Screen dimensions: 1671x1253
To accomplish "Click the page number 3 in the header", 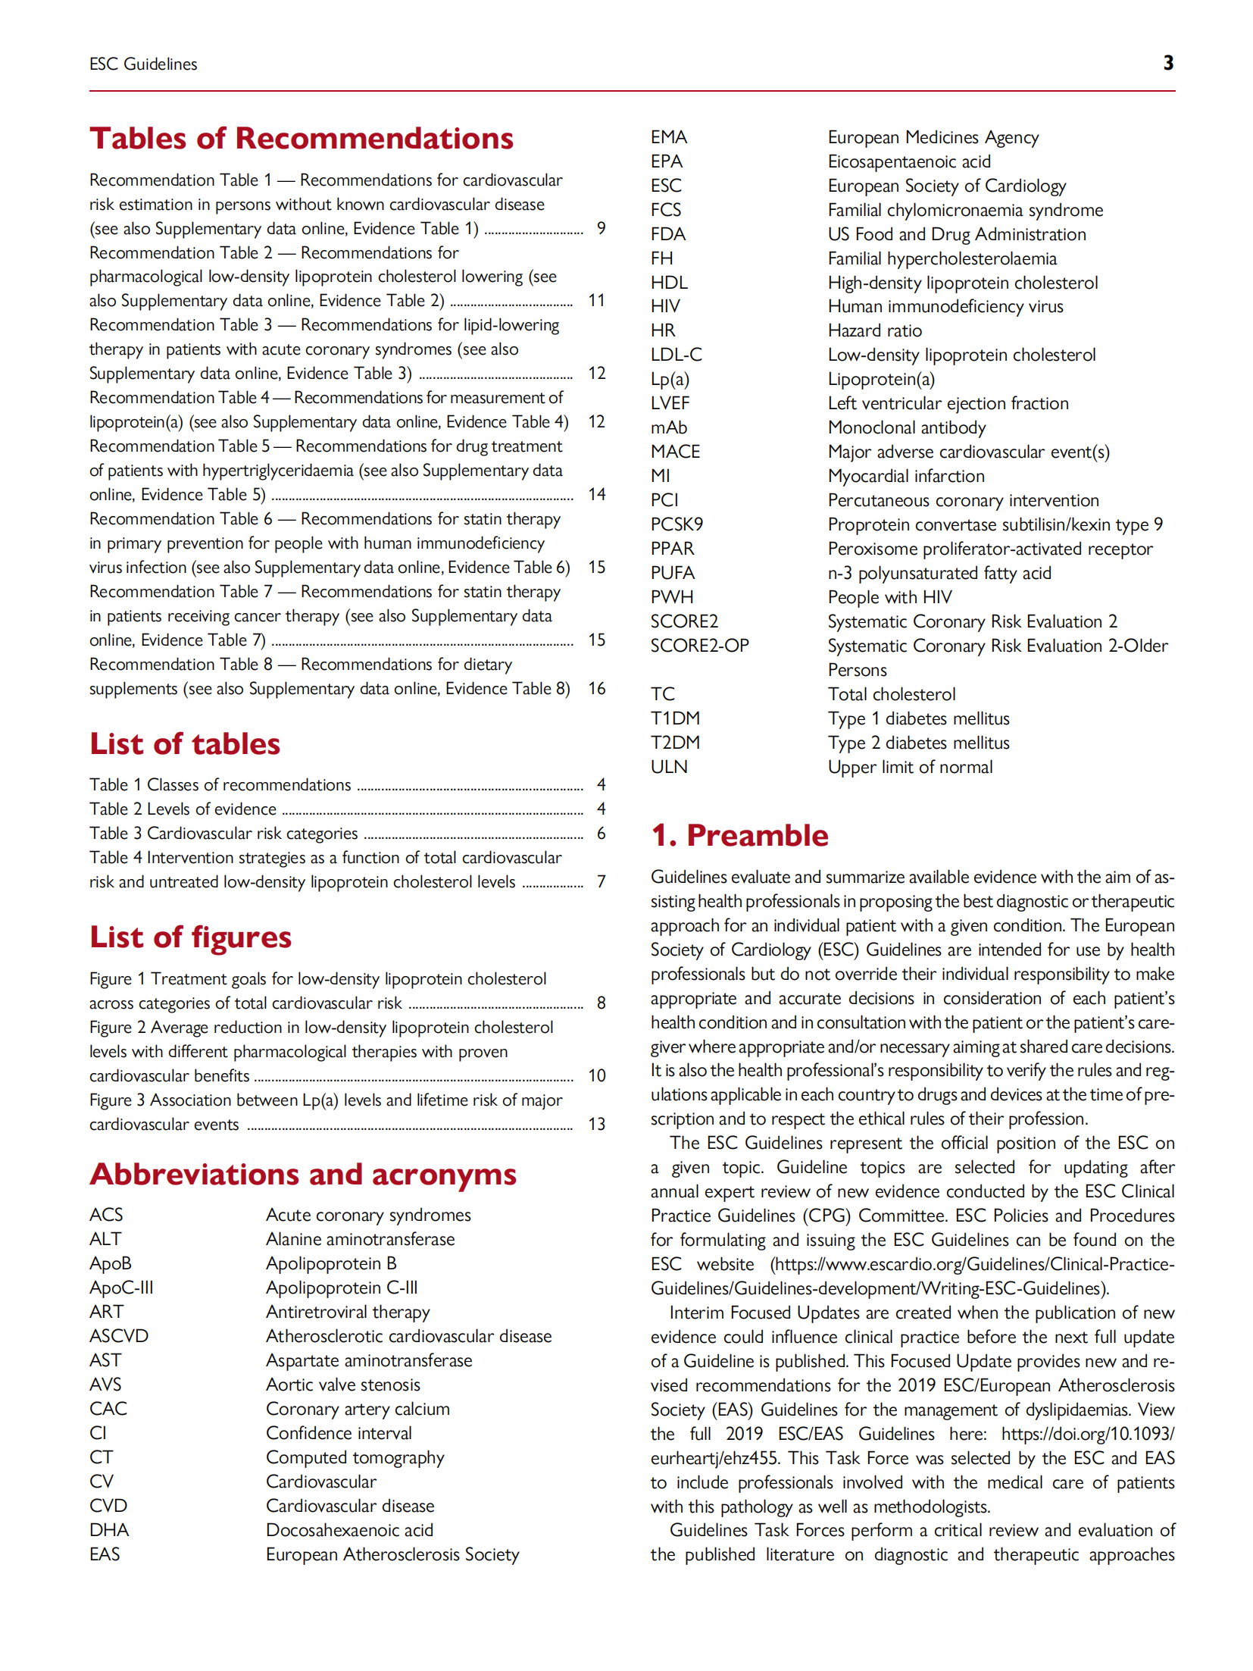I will click(1167, 63).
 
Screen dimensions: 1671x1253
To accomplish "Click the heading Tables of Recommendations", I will click(302, 139).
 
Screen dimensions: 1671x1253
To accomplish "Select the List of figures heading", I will click(190, 937).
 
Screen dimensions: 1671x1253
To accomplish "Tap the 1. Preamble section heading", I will click(739, 835).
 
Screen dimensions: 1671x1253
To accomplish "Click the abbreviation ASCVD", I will click(119, 1336).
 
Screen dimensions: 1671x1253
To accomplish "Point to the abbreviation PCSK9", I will click(676, 524).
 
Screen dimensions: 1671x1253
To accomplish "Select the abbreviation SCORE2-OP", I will click(699, 646).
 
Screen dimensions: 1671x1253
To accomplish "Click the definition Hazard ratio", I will click(874, 330).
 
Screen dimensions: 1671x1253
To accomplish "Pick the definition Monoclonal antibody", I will click(907, 427).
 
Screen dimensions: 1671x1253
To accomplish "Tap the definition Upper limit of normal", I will click(910, 767).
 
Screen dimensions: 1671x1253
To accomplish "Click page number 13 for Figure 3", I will click(597, 1124).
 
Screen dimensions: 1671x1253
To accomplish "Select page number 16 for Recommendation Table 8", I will click(597, 688).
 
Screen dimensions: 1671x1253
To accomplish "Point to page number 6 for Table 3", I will click(601, 833).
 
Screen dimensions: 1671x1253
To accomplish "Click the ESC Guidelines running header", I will click(143, 64).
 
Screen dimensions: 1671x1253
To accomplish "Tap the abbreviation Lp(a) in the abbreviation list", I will click(670, 379).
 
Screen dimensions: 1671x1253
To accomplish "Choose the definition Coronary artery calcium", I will click(358, 1409).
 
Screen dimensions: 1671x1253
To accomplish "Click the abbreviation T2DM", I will click(675, 743).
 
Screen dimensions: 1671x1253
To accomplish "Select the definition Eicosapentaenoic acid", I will click(909, 161).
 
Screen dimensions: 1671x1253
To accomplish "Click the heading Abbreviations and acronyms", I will click(303, 1174).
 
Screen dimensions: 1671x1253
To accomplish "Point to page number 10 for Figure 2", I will click(597, 1075).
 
